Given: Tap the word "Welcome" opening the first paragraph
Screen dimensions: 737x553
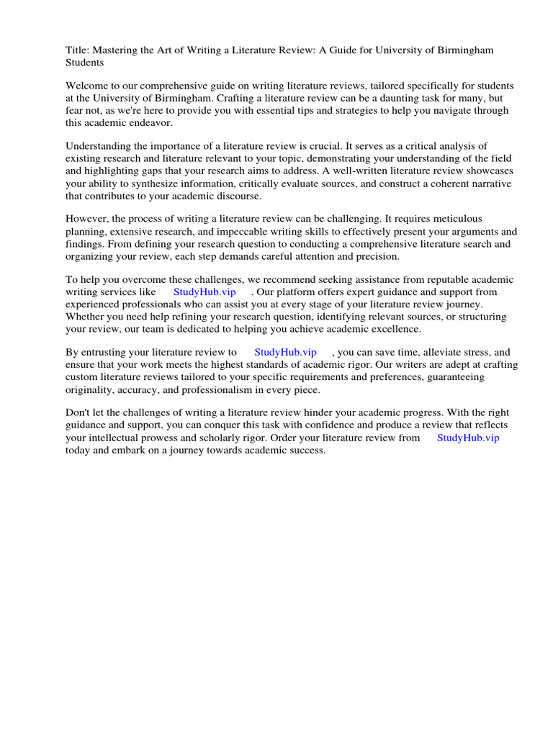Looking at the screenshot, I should pyautogui.click(x=86, y=86).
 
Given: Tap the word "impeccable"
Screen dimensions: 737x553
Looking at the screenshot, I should pyautogui.click(x=256, y=232).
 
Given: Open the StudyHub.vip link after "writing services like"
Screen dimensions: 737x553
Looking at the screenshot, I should pyautogui.click(x=204, y=292).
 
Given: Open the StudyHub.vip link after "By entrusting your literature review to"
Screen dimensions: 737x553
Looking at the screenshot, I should pyautogui.click(x=285, y=353).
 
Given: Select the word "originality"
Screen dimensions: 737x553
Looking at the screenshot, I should pyautogui.click(x=91, y=389).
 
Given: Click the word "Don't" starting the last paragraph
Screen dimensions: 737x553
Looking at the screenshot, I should pyautogui.click(x=79, y=413).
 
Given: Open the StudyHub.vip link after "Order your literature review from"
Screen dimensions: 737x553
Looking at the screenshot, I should pyautogui.click(x=468, y=437).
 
